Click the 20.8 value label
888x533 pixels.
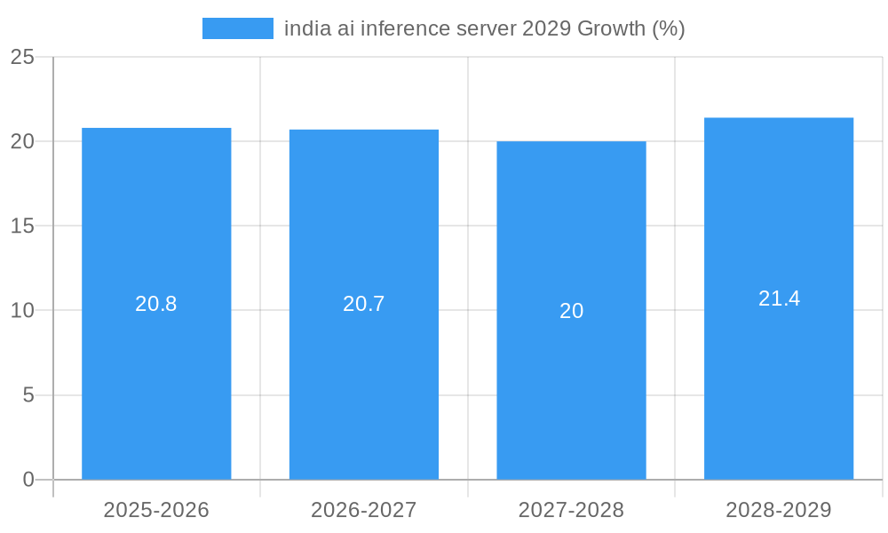(x=156, y=304)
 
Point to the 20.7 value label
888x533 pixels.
(x=364, y=304)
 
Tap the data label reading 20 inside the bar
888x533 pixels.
(x=571, y=311)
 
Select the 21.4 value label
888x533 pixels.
(x=779, y=298)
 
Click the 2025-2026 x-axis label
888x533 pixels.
(x=156, y=510)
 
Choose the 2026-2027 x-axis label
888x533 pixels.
(x=364, y=510)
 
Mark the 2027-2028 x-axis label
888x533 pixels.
(x=571, y=510)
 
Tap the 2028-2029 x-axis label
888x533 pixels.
(x=779, y=510)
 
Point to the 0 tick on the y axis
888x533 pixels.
(x=28, y=480)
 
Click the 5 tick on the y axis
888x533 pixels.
(x=28, y=395)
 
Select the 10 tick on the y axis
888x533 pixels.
(x=22, y=311)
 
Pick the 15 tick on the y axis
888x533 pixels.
(x=22, y=227)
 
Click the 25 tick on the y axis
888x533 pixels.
(x=22, y=58)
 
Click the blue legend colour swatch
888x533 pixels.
(x=237, y=28)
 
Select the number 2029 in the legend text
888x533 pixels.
(x=547, y=28)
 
